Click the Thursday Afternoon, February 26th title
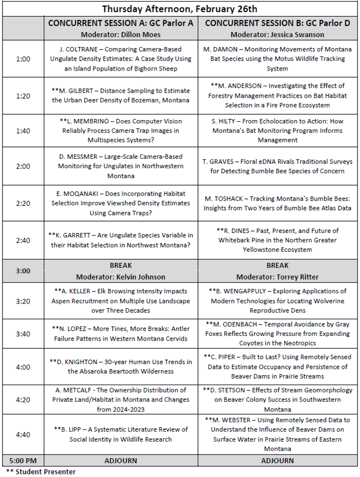[179, 9]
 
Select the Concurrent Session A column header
[121, 24]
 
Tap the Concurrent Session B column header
[277, 24]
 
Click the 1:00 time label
[23, 59]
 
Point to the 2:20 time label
[23, 203]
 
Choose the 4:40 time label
[23, 434]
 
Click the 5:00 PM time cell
[23, 461]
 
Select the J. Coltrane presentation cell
[121, 59]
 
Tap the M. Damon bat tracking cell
[277, 59]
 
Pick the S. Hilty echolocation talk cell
[277, 130]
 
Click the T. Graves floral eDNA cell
[277, 166]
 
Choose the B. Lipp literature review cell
[121, 434]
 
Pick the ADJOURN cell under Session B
[277, 461]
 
